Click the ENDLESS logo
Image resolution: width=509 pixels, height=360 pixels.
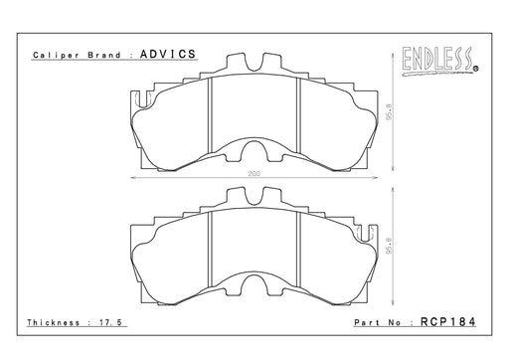click(440, 62)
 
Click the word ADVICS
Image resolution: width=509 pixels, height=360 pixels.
click(168, 54)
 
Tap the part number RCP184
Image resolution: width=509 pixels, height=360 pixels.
click(448, 322)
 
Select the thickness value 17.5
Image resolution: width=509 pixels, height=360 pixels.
click(110, 322)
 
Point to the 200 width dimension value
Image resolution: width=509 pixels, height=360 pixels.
click(254, 173)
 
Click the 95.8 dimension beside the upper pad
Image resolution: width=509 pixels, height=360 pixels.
click(390, 111)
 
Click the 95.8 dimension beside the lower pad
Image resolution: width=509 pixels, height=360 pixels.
click(390, 246)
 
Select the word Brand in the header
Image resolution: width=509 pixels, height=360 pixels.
click(104, 55)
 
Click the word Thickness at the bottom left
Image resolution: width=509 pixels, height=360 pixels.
click(54, 322)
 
